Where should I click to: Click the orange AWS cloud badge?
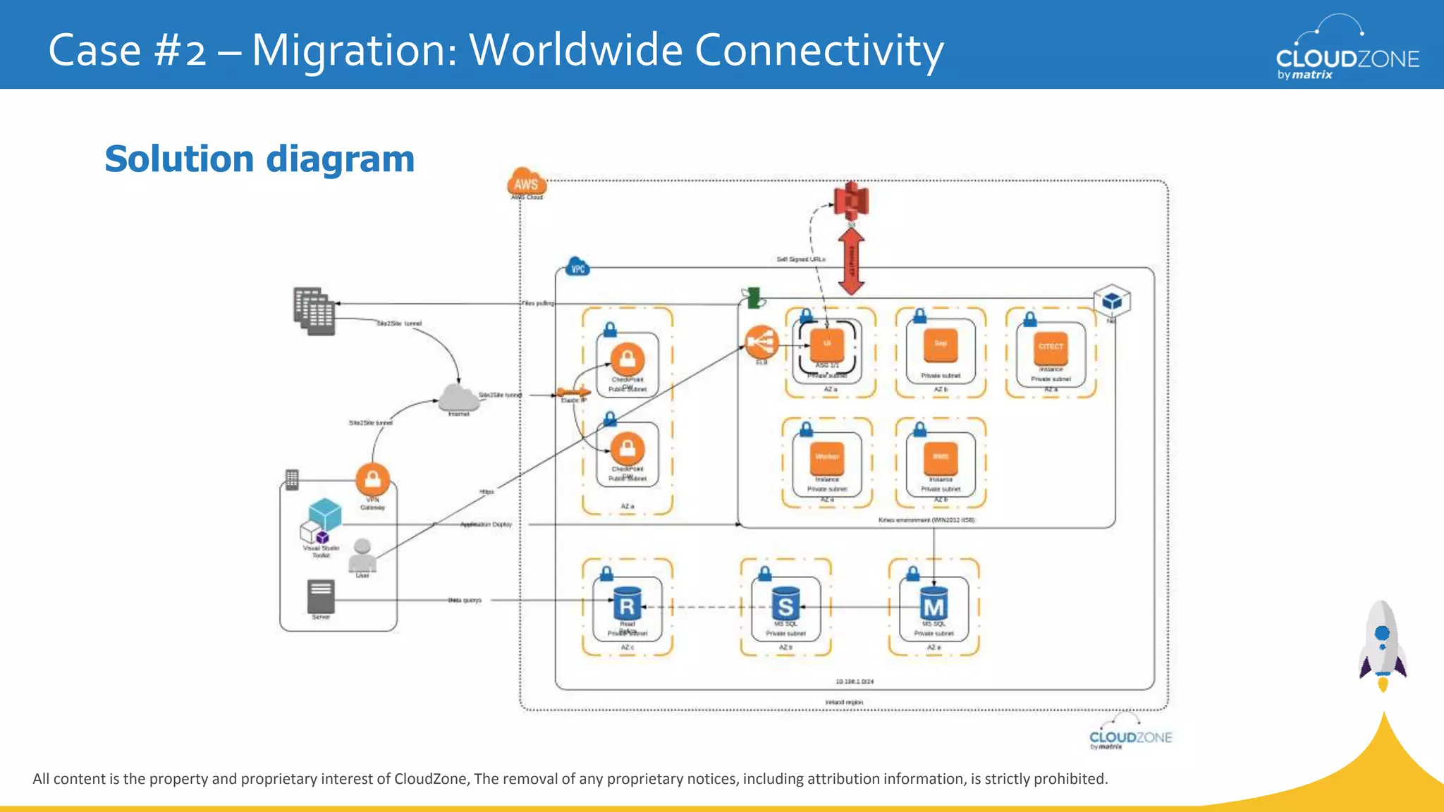coord(526,183)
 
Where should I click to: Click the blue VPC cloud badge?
coord(577,268)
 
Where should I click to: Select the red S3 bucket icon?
coord(851,202)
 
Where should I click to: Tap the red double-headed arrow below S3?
coord(852,261)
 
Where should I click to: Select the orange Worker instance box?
coord(827,458)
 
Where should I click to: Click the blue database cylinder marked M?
coord(934,605)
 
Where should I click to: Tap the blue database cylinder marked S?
coord(785,605)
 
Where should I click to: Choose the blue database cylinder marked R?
coord(627,605)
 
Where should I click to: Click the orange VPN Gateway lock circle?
coord(373,480)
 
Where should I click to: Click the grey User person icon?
coord(362,556)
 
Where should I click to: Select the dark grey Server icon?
coord(321,596)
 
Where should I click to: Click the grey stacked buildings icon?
coord(314,311)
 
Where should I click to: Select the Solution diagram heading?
coord(259,159)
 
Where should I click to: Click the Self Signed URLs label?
coord(800,259)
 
